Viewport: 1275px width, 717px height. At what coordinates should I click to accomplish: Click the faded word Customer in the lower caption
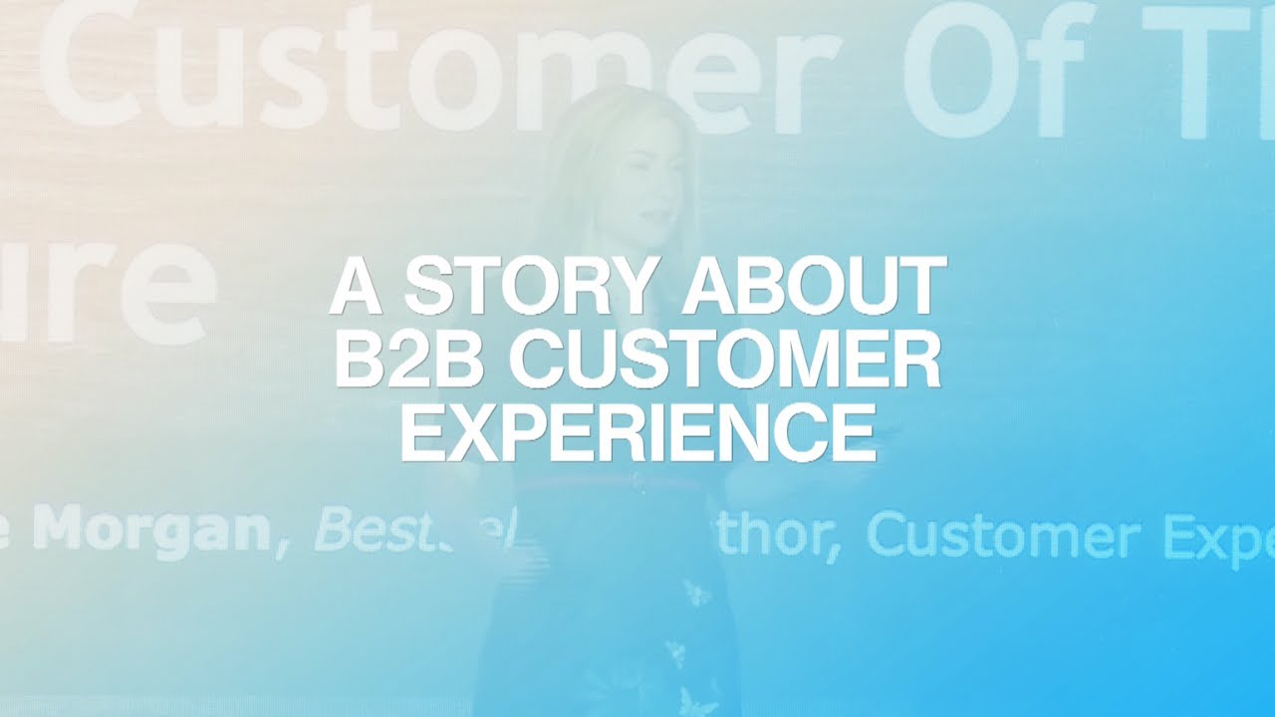coord(1001,538)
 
